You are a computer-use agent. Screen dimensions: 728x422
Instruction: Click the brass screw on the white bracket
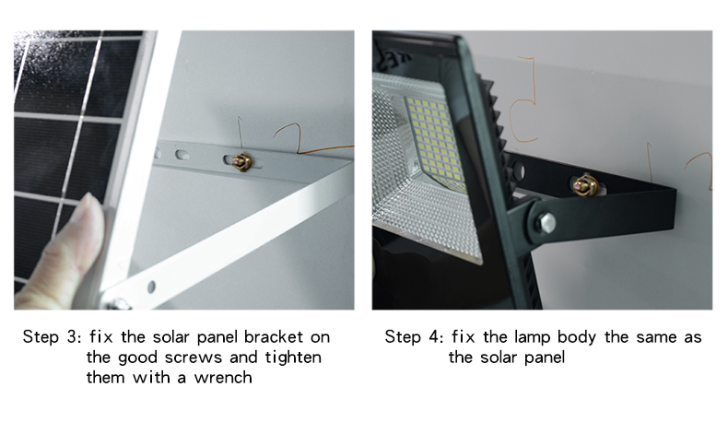[x=241, y=162]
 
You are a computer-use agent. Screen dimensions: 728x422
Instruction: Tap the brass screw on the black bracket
[x=585, y=185]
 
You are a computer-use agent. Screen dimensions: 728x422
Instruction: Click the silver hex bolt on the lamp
[x=546, y=223]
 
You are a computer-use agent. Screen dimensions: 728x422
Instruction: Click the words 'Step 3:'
[x=52, y=336]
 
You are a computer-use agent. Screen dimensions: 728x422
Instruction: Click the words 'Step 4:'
[x=414, y=336]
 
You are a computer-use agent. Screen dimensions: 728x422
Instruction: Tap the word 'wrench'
[x=223, y=378]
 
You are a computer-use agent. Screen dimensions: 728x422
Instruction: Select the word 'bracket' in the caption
[x=274, y=336]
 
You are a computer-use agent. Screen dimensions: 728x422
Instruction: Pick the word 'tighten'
[x=293, y=358]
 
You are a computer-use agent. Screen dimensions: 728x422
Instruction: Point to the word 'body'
[x=576, y=337]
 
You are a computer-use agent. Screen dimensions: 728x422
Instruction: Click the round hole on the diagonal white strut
[x=151, y=287]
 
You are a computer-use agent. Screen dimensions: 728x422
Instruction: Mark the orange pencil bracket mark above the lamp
[x=524, y=100]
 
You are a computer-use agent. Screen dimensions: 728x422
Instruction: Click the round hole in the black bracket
[x=518, y=171]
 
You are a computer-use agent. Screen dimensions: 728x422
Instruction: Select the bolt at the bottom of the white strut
[x=118, y=304]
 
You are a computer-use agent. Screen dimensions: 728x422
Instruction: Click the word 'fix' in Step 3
[x=100, y=336]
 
